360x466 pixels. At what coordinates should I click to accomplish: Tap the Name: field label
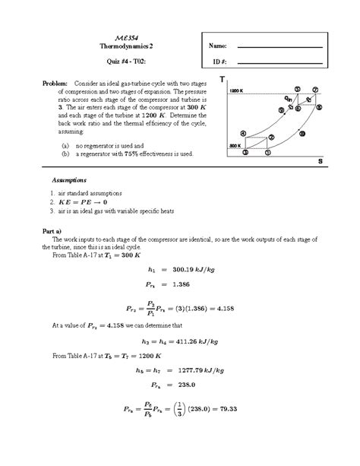[x=218, y=46]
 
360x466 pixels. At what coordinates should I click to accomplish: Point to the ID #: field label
[x=216, y=61]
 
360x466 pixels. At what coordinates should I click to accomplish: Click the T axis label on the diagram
[x=223, y=80]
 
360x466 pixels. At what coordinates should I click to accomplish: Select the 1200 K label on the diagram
[x=236, y=90]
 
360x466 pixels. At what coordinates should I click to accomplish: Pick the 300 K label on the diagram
[x=235, y=143]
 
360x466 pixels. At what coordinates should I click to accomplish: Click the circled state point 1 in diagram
[x=245, y=151]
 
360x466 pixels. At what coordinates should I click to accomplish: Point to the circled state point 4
[x=242, y=132]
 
